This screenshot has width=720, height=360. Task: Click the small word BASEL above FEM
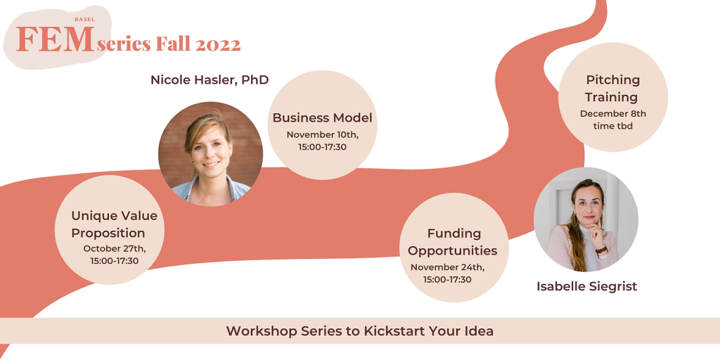point(84,19)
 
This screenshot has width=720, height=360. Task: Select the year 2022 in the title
point(218,44)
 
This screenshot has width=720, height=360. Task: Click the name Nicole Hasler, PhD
point(210,80)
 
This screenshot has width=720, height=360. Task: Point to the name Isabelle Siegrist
point(587,287)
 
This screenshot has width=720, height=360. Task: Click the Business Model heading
point(322,118)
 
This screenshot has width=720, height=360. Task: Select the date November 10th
point(322,135)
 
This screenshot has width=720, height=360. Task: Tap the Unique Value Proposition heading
point(115,224)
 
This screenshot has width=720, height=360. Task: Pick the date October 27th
point(115,249)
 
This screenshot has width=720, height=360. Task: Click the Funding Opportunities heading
point(454,242)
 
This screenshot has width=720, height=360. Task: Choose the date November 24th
point(447,267)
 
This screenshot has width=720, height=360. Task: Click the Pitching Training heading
point(612,89)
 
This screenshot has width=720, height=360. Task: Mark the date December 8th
point(612,114)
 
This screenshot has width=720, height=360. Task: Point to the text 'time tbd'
point(612,126)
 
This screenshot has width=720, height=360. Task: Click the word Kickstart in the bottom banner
point(390,331)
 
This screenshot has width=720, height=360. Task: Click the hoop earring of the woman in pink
point(575,220)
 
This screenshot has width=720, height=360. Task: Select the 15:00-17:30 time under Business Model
point(322,148)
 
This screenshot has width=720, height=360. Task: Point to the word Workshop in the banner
point(255,331)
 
